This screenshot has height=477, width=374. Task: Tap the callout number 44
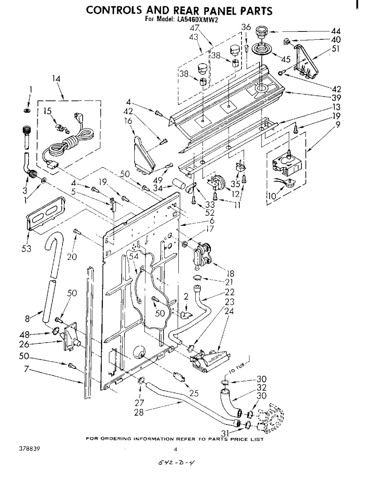[335, 31]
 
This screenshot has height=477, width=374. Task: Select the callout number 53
[26, 249]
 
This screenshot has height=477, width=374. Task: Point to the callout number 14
[56, 79]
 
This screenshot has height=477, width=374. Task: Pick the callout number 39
[336, 97]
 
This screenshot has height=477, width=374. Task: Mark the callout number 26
[24, 344]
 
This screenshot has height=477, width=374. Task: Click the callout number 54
[134, 256]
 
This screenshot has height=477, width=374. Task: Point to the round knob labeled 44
[261, 33]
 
